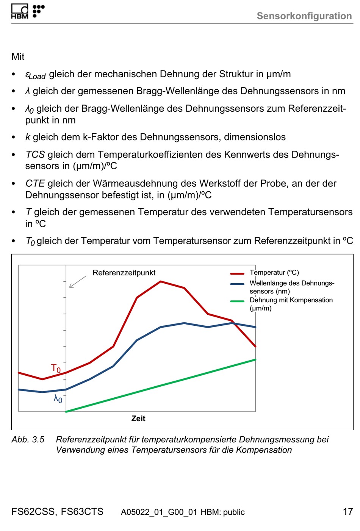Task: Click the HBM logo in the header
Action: pyautogui.click(x=28, y=11)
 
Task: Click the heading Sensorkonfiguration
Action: pyautogui.click(x=304, y=16)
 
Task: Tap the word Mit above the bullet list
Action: pyautogui.click(x=18, y=57)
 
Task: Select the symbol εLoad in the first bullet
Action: pyautogui.click(x=35, y=75)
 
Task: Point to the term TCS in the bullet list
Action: pyautogui.click(x=35, y=155)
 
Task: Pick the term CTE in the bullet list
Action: pyautogui.click(x=35, y=183)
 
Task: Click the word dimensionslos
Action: pyautogui.click(x=255, y=137)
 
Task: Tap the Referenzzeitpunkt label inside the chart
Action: pyautogui.click(x=124, y=273)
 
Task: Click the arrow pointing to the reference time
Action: pyautogui.click(x=78, y=282)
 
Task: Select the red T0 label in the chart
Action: pyautogui.click(x=56, y=369)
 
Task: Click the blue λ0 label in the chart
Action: pyautogui.click(x=58, y=399)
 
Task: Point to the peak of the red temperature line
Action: pyautogui.click(x=161, y=282)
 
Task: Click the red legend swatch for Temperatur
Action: pyautogui.click(x=237, y=273)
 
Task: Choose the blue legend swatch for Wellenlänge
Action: pyautogui.click(x=237, y=284)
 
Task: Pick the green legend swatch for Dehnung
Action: pyautogui.click(x=237, y=301)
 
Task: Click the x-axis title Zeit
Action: pyautogui.click(x=138, y=419)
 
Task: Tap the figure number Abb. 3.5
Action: pyautogui.click(x=28, y=439)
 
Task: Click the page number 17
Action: pyautogui.click(x=348, y=512)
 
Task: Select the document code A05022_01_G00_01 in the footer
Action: pyautogui.click(x=159, y=512)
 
